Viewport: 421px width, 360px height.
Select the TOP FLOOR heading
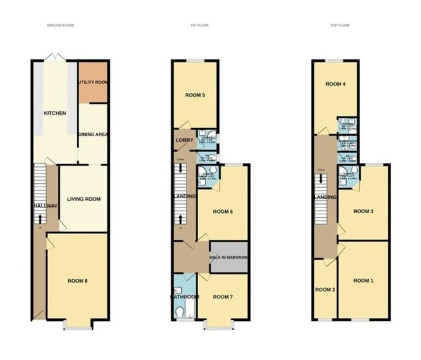[340, 25]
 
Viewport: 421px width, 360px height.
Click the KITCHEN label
[55, 113]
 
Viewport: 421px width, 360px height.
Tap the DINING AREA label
[93, 135]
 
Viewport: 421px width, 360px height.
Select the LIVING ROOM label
[84, 199]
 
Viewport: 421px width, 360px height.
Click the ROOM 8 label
[77, 281]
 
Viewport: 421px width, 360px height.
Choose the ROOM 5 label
[195, 96]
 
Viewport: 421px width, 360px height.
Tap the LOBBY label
[181, 139]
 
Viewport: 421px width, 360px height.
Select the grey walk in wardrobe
[229, 257]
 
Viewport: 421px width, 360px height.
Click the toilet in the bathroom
[179, 313]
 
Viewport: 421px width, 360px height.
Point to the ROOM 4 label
[335, 84]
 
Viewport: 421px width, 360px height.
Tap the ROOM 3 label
[363, 211]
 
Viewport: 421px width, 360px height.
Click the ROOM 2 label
[324, 289]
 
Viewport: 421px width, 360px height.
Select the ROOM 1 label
[363, 280]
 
